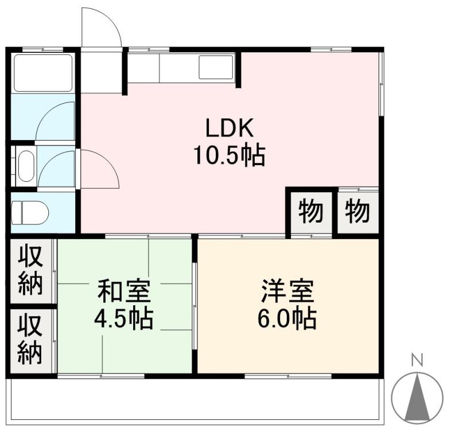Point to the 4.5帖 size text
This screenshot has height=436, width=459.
tap(124, 319)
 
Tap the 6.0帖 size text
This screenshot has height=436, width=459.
tap(287, 319)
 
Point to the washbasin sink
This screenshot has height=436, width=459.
tap(25, 166)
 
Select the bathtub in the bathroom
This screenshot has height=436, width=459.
tap(43, 73)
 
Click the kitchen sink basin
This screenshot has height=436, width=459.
tap(216, 67)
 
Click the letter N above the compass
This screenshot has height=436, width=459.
tap(417, 361)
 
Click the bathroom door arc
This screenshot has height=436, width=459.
tap(56, 122)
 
